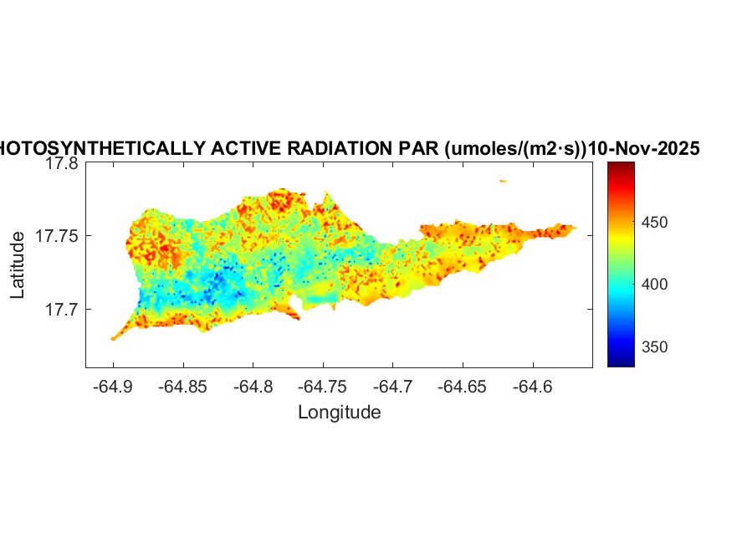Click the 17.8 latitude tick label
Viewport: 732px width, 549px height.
[62, 165]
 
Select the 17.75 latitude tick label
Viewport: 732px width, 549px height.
[58, 237]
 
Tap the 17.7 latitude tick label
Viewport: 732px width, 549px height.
[62, 310]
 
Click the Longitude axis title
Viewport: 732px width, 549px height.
[339, 412]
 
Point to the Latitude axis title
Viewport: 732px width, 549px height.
[18, 265]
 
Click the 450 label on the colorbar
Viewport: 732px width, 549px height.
[658, 223]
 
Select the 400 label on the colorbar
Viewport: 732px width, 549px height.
[658, 285]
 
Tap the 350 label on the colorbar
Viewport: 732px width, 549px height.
[658, 348]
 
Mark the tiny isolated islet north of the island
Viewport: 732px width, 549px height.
[503, 181]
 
